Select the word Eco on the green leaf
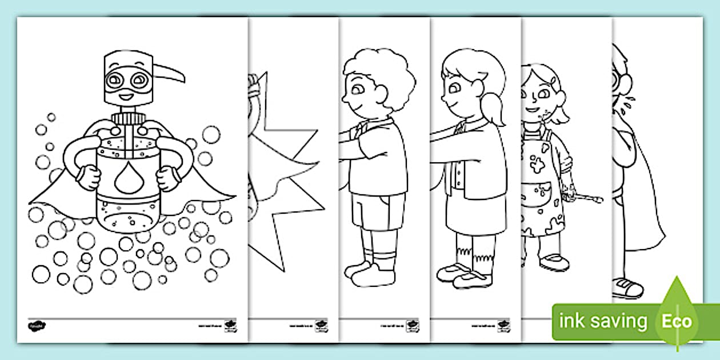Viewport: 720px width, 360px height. (x=677, y=321)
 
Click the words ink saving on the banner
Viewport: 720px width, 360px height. (x=603, y=321)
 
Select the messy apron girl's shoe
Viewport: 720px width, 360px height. (x=554, y=263)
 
